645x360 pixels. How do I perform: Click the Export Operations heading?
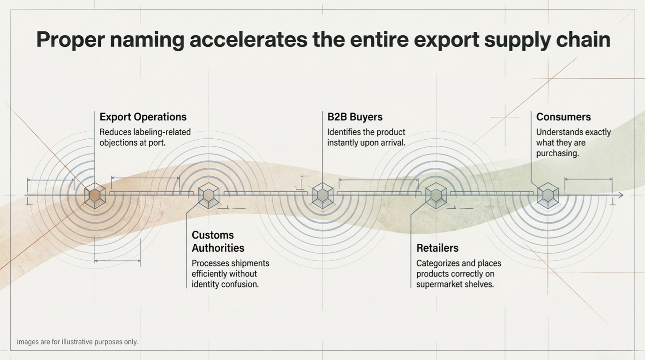(143, 117)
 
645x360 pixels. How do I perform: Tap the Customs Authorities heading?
(218, 241)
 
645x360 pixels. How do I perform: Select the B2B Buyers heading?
(355, 117)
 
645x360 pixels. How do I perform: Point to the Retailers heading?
(437, 248)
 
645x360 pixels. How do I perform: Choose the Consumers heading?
(563, 117)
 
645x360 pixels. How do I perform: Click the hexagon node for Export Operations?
(95, 195)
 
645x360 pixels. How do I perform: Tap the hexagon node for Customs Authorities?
(209, 195)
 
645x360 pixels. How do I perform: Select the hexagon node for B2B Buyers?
(322, 195)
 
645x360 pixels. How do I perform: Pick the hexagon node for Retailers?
(436, 195)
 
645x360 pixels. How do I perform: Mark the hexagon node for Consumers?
(548, 195)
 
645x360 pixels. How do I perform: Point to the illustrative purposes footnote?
(77, 342)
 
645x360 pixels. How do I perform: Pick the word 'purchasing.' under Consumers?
(557, 153)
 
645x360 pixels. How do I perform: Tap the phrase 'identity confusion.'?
(225, 285)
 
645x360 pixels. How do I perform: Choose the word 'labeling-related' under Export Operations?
(162, 132)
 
